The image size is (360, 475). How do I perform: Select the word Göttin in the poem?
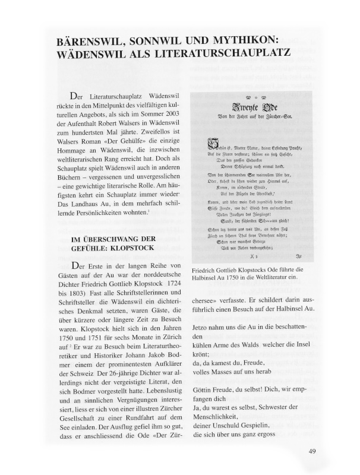coord(205,392)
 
